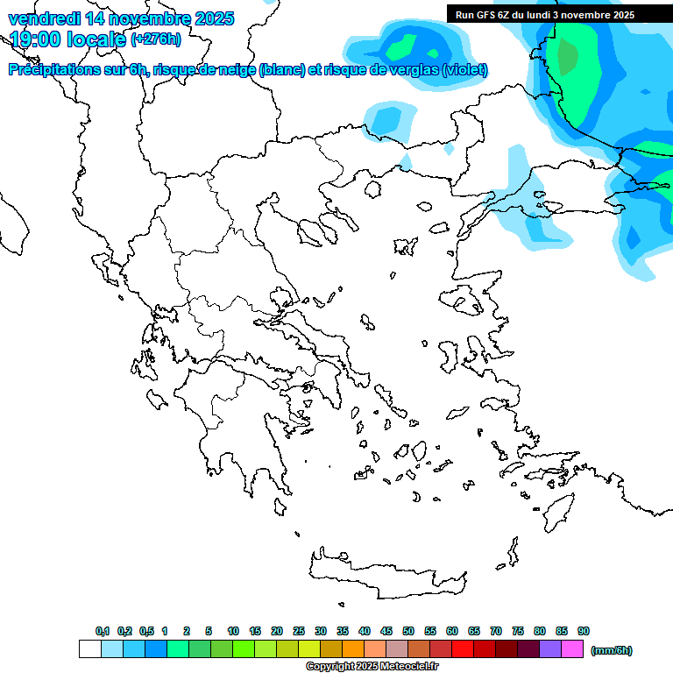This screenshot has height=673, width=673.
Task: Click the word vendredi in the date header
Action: point(44,18)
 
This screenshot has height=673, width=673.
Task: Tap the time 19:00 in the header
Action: point(38,39)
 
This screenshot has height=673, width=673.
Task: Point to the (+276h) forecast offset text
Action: point(156,39)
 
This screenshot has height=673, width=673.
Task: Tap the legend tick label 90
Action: point(584,631)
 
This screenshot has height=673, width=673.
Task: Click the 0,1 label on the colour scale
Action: point(103,631)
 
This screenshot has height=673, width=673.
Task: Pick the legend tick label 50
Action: point(408,631)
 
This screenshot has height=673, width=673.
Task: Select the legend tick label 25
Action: point(299,631)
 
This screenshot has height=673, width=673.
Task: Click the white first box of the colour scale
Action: point(89,649)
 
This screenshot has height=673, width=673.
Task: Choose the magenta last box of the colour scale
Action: point(572,649)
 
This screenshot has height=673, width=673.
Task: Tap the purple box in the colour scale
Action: point(550,649)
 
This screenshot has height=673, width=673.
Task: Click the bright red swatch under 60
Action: point(463,649)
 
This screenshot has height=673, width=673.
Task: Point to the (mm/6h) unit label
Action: point(612,650)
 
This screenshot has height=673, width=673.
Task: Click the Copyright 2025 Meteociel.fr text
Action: point(372,667)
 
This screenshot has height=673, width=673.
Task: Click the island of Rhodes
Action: point(557,512)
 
